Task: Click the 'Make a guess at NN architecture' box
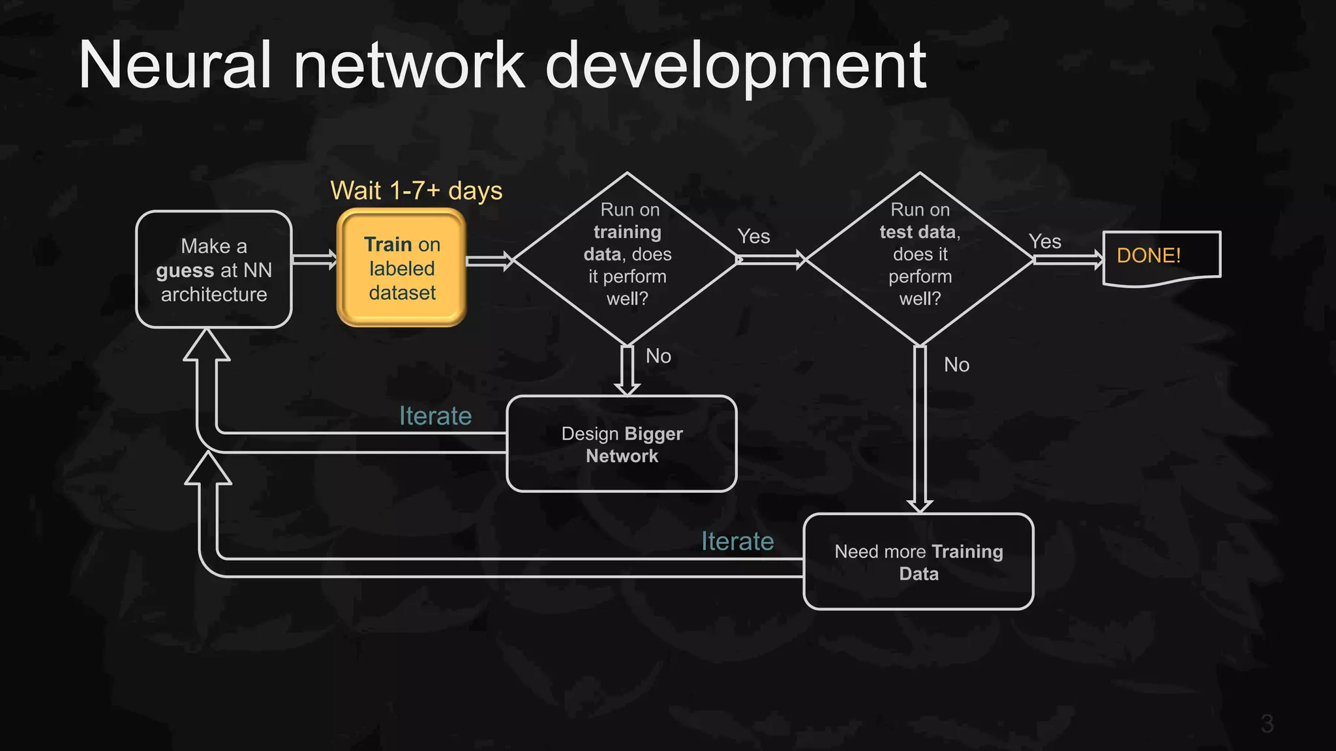214,269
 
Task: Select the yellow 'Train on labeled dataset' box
402,268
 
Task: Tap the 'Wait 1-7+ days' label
416,191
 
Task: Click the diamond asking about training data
627,258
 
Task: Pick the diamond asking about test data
920,258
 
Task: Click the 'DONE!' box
1161,258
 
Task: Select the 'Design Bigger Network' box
622,444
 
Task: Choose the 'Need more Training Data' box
918,562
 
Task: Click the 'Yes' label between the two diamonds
753,237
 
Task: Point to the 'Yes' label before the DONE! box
1045,242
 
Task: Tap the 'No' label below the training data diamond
658,357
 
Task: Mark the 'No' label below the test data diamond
956,365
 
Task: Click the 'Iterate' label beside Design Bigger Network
435,416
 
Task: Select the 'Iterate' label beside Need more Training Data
737,542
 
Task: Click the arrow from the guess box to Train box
314,259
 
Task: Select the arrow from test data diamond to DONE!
1068,260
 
